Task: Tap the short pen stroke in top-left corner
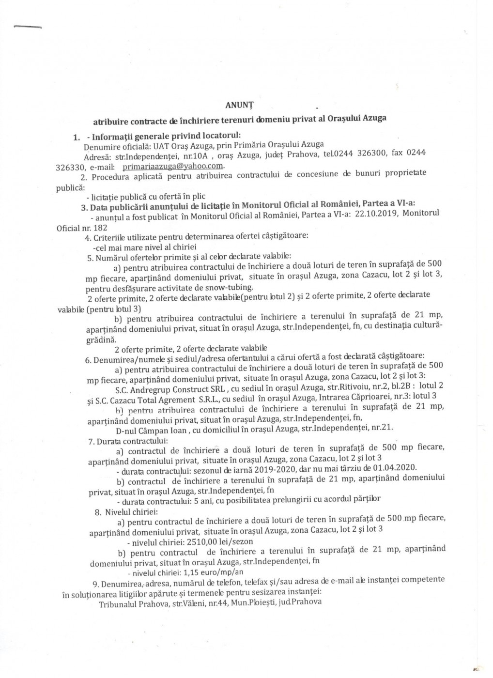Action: point(27,27)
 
